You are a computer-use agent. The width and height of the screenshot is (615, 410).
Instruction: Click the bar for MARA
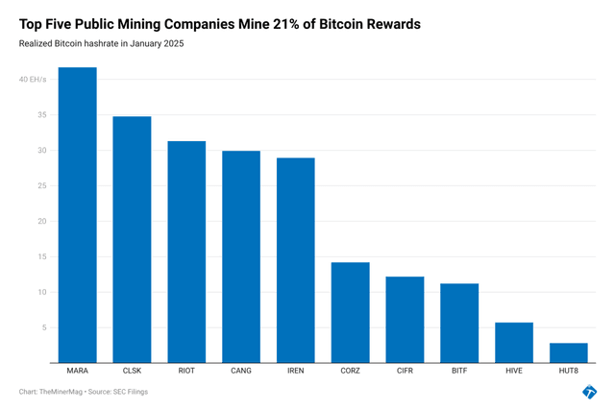point(78,215)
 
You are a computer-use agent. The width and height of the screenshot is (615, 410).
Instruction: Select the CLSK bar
point(133,239)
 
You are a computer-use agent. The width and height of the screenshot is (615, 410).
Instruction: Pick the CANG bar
point(241,256)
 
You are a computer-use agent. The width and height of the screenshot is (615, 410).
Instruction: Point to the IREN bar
point(296,260)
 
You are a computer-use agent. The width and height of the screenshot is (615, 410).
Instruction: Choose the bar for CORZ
point(351,312)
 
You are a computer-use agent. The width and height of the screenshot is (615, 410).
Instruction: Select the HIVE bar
point(514,343)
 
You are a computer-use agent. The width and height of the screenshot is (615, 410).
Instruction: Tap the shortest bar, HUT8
point(569,352)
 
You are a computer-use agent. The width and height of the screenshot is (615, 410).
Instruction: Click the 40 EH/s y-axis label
point(32,80)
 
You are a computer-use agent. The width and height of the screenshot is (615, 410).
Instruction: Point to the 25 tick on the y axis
point(38,185)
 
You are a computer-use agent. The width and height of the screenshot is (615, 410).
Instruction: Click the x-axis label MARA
point(78,371)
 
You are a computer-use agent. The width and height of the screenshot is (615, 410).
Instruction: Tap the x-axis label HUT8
point(569,371)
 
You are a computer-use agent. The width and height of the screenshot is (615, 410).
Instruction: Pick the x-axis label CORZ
point(351,371)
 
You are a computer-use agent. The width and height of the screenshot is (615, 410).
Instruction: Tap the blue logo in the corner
point(589,391)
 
